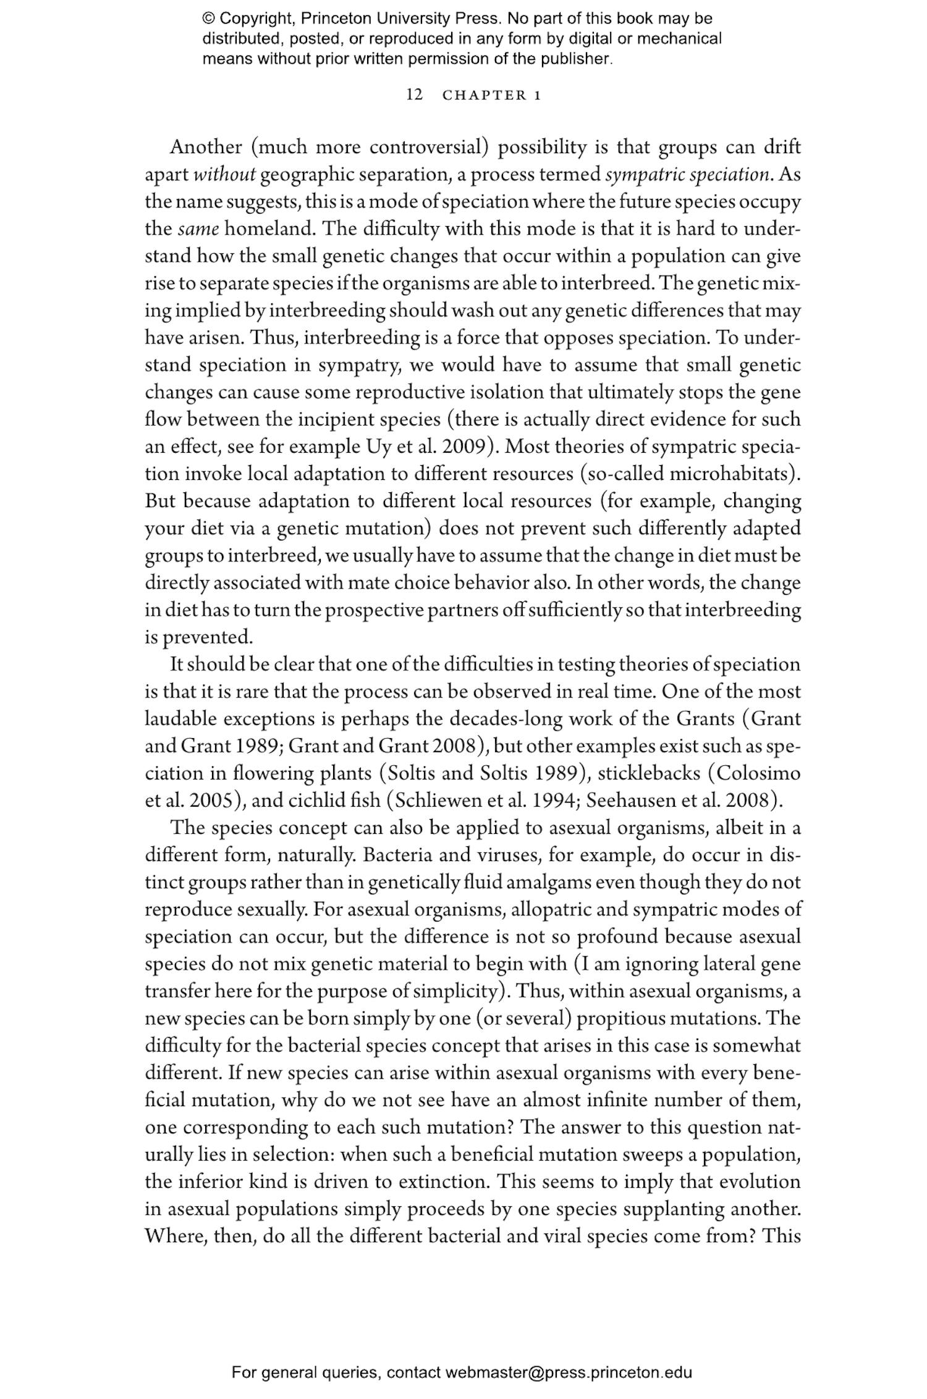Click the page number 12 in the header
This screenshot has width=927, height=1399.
(x=415, y=95)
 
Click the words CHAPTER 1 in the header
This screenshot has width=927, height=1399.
(x=493, y=96)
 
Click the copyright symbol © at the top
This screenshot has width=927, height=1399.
(x=208, y=19)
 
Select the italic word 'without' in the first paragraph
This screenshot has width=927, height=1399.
(x=224, y=175)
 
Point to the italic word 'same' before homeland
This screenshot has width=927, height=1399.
(x=198, y=229)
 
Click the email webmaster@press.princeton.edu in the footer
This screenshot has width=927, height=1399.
(x=568, y=1373)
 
